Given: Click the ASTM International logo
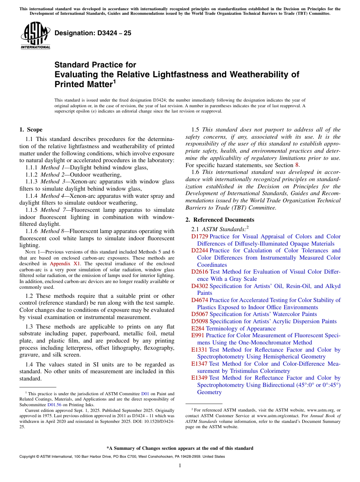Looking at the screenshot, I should click(x=35, y=36).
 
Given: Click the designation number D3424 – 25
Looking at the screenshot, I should click(x=93, y=33).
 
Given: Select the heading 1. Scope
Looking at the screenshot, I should click(x=31, y=130).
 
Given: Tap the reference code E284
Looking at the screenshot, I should click(x=198, y=329).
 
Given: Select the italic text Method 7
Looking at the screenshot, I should click(x=51, y=210).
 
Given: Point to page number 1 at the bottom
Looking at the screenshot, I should click(x=180, y=466).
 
